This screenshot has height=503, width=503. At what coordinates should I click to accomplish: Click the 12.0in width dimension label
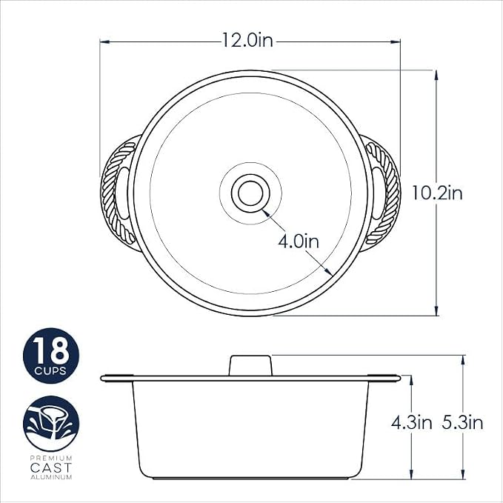coord(247,41)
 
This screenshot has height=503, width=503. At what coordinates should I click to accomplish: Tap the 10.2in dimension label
coord(437,193)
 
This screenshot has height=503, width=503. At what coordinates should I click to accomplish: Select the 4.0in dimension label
coord(299,241)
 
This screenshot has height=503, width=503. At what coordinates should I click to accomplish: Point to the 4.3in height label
coord(412,422)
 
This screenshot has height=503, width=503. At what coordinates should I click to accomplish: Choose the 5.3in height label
coord(462,422)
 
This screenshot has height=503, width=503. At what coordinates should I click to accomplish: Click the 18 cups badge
coord(51,356)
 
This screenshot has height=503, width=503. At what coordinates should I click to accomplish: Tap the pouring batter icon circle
coord(51,424)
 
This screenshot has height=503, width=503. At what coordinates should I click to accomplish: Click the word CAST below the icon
coord(51,467)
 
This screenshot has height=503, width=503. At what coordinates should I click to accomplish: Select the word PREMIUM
coord(51,458)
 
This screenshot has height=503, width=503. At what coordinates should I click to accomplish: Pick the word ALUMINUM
coord(51,477)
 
